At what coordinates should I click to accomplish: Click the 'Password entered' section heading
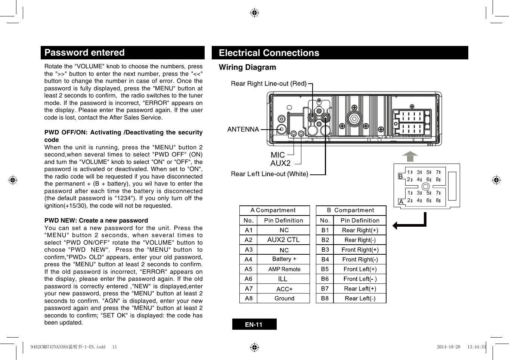point(84,53)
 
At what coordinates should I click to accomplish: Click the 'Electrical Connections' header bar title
point(269,53)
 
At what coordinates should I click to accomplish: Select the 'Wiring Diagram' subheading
point(247,67)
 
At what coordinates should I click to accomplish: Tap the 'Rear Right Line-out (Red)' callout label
point(269,84)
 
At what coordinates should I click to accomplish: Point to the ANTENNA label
point(243,129)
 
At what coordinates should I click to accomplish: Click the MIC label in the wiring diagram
point(277,155)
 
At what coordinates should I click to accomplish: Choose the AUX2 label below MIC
point(280,163)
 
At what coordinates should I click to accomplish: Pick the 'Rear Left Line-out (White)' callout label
point(269,174)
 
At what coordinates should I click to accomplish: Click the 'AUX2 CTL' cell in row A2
point(283,240)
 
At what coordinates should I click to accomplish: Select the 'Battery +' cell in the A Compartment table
point(284,259)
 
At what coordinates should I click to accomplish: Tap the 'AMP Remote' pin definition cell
point(284,269)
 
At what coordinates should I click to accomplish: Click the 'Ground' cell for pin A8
point(284,298)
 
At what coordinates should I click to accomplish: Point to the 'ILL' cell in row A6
point(283,279)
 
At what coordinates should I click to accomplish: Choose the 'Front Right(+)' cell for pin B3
point(360,249)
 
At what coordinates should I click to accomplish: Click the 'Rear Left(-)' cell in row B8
point(360,298)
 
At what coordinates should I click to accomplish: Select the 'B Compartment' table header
point(351,211)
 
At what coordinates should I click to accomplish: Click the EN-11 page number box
point(254,325)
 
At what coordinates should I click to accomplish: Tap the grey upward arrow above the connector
point(410,156)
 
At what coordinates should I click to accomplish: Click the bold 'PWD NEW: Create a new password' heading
point(96,220)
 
